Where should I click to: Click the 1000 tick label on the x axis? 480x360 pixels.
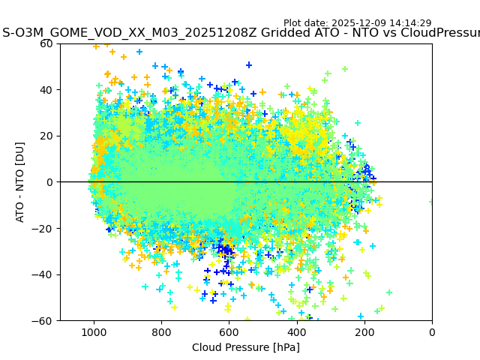click(94, 332)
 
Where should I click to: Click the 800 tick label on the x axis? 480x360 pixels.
click(161, 332)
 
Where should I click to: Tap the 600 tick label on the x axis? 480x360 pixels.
click(229, 332)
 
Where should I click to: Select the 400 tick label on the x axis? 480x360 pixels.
click(296, 332)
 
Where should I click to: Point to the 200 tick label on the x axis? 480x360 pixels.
click(364, 332)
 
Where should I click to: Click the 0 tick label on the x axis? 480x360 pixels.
click(431, 332)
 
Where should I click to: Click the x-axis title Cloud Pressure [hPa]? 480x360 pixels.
click(245, 347)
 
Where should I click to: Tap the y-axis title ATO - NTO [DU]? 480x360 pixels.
click(20, 182)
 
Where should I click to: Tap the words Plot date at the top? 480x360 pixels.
click(304, 23)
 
